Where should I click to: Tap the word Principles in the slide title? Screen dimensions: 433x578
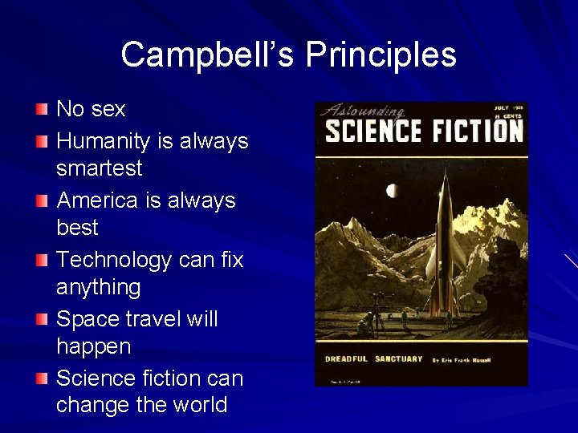point(381,55)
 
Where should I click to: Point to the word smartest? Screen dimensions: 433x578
point(99,168)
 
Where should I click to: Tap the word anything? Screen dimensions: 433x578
point(98,287)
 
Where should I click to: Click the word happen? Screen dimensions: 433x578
point(93,346)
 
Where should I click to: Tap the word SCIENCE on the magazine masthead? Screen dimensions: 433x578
point(372,130)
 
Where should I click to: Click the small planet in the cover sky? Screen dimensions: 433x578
point(391,190)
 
